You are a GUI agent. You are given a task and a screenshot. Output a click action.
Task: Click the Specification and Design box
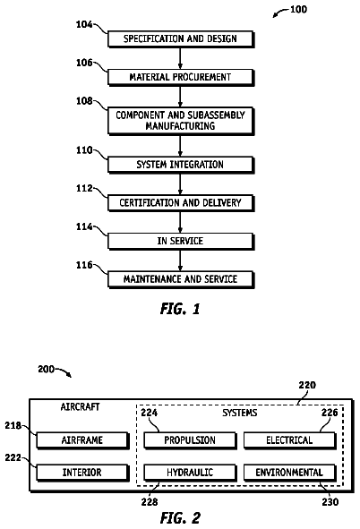coord(181,39)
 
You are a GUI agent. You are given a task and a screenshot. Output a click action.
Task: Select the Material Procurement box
coord(181,78)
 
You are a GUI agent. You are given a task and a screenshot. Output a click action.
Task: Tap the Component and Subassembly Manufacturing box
coord(181,121)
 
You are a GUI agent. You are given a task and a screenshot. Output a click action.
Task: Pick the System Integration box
coord(181,165)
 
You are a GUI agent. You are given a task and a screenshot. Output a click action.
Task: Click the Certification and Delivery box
coord(181,203)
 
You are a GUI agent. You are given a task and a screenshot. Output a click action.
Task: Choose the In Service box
coord(181,241)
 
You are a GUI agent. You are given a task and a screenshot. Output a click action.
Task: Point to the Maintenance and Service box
coord(181,279)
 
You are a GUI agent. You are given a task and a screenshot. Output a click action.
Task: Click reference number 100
coord(298,9)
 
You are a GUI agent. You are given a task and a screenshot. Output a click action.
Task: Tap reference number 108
coord(84,101)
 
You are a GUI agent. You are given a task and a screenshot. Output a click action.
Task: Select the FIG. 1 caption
coord(180,309)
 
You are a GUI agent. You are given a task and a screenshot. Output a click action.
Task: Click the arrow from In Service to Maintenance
coord(180,260)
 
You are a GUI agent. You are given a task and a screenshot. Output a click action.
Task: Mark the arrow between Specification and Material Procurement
coord(180,58)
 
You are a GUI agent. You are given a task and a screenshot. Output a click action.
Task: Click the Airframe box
coord(82,440)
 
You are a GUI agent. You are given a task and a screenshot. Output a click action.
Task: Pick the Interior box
coord(82,473)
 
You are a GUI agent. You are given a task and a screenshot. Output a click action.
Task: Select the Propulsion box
coord(190,440)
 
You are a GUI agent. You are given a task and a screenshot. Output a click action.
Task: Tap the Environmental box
coord(290,473)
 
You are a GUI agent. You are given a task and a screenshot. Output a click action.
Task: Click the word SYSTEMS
coord(239,413)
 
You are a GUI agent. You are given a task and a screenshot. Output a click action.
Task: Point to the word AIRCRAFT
coord(80,407)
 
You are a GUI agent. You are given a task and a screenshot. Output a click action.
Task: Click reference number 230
coord(330,502)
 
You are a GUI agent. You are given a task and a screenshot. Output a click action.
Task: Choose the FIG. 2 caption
coord(180,518)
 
